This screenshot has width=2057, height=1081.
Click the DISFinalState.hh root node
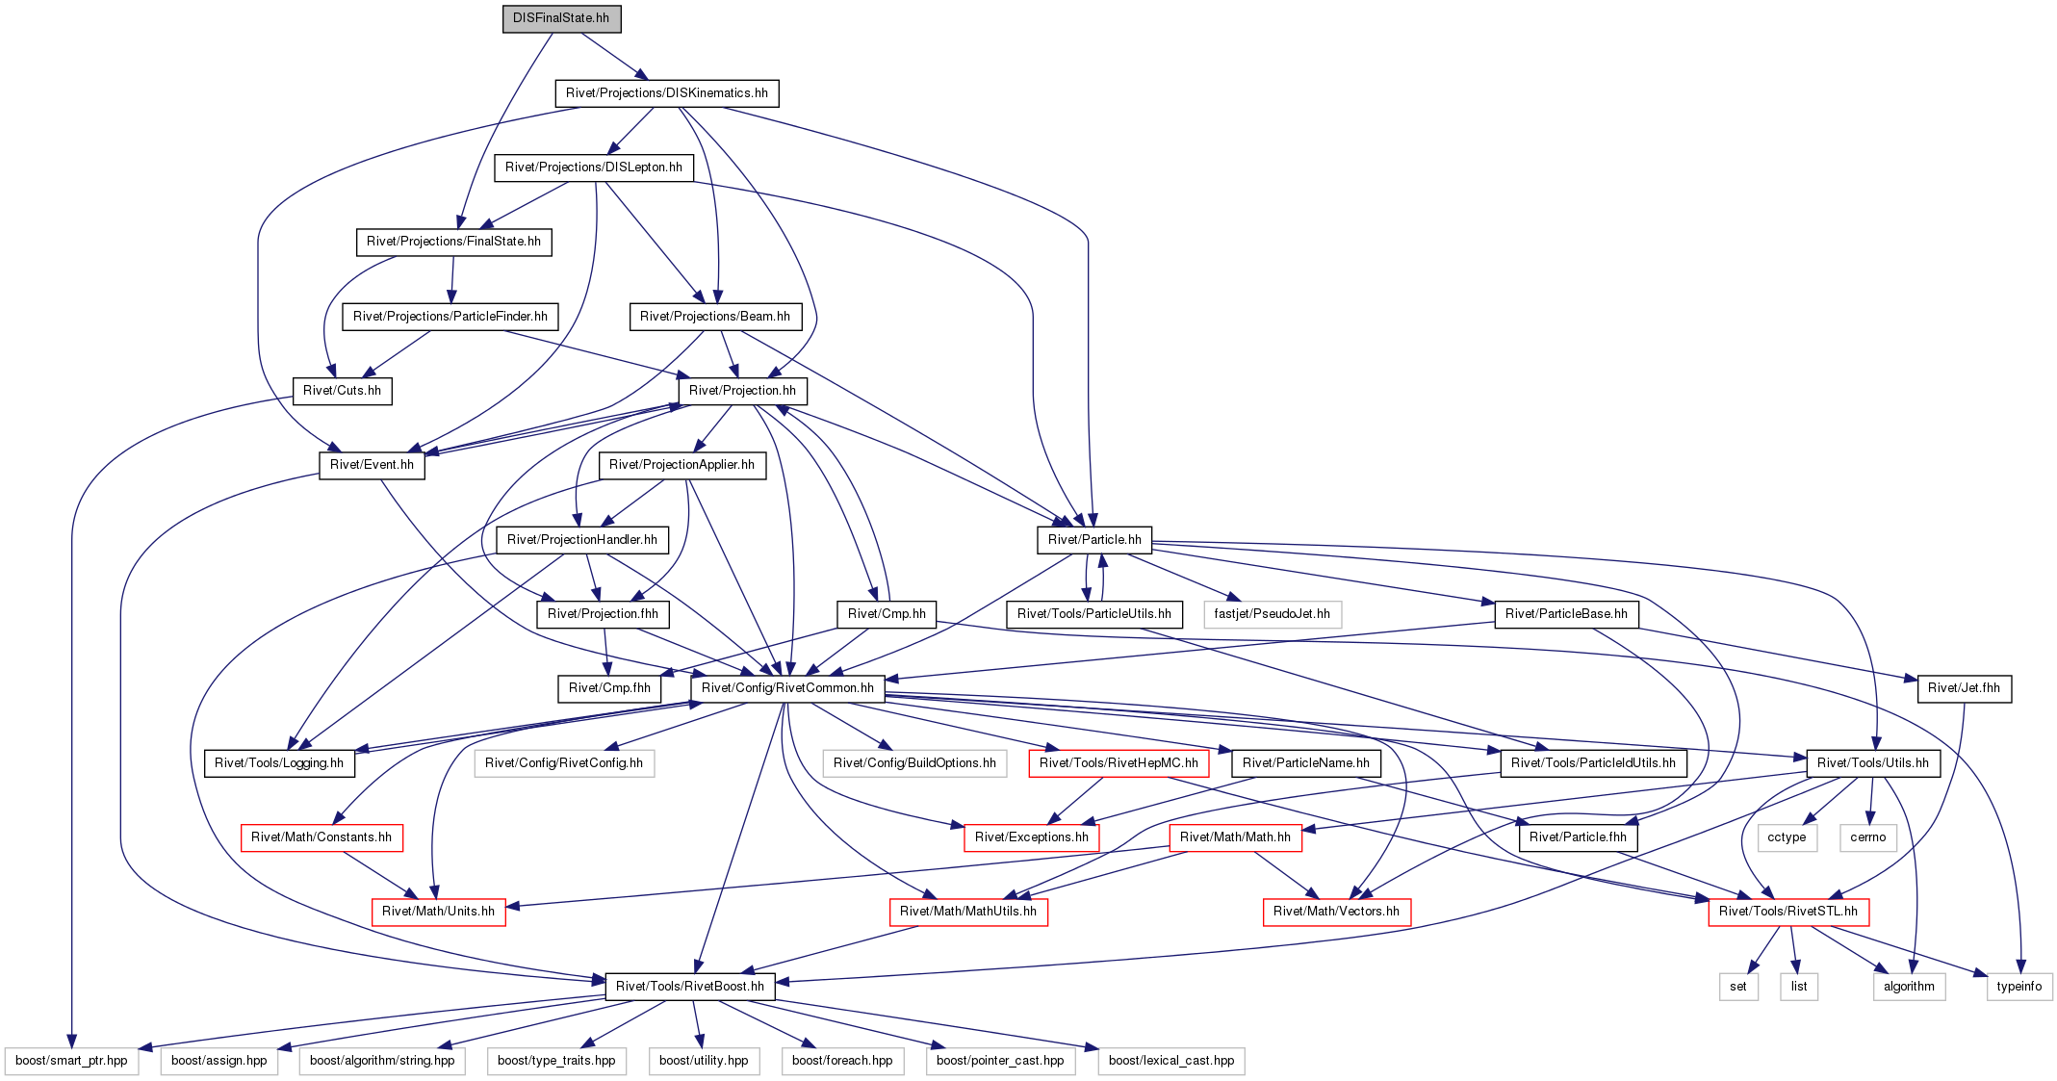click(x=561, y=18)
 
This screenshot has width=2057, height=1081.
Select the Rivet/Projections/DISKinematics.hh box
click(x=666, y=93)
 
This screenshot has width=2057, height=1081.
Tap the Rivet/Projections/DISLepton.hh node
click(x=594, y=167)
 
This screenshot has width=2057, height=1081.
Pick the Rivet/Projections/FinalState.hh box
click(x=453, y=242)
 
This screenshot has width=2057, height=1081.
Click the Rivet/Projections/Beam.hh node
click(x=715, y=317)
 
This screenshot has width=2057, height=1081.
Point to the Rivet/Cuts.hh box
click(x=342, y=391)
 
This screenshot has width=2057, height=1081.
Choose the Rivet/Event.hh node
click(x=372, y=465)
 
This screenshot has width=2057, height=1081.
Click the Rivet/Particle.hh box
click(x=1094, y=540)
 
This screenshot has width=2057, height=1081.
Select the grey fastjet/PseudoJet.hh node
click(x=1272, y=614)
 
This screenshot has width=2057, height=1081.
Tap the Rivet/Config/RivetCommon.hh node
click(x=787, y=688)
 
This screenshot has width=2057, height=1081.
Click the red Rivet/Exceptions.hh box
click(x=1031, y=837)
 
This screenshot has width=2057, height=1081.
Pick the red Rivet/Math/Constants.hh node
click(x=321, y=837)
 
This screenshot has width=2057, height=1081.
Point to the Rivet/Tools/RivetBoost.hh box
click(x=690, y=987)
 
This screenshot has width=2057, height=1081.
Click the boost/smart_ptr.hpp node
click(x=71, y=1061)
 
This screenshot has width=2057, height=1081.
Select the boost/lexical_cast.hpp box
click(x=1171, y=1061)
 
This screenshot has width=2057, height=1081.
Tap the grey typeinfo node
click(x=2019, y=987)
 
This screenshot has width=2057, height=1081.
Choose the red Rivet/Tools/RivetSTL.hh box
click(x=1788, y=912)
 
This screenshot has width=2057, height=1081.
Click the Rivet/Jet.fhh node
click(x=1964, y=688)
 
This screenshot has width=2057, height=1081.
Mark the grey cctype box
click(x=1787, y=837)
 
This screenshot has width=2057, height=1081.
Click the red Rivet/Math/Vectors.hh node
click(x=1336, y=912)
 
